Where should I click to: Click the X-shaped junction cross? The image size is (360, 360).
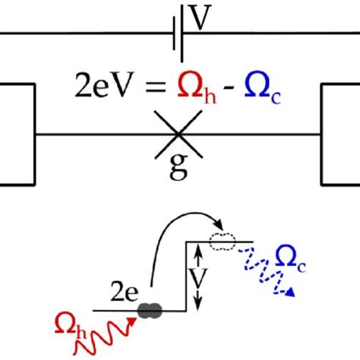(178, 134)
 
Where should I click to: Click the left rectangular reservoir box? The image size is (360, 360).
(17, 134)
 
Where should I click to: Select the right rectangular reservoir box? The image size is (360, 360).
(341, 134)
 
